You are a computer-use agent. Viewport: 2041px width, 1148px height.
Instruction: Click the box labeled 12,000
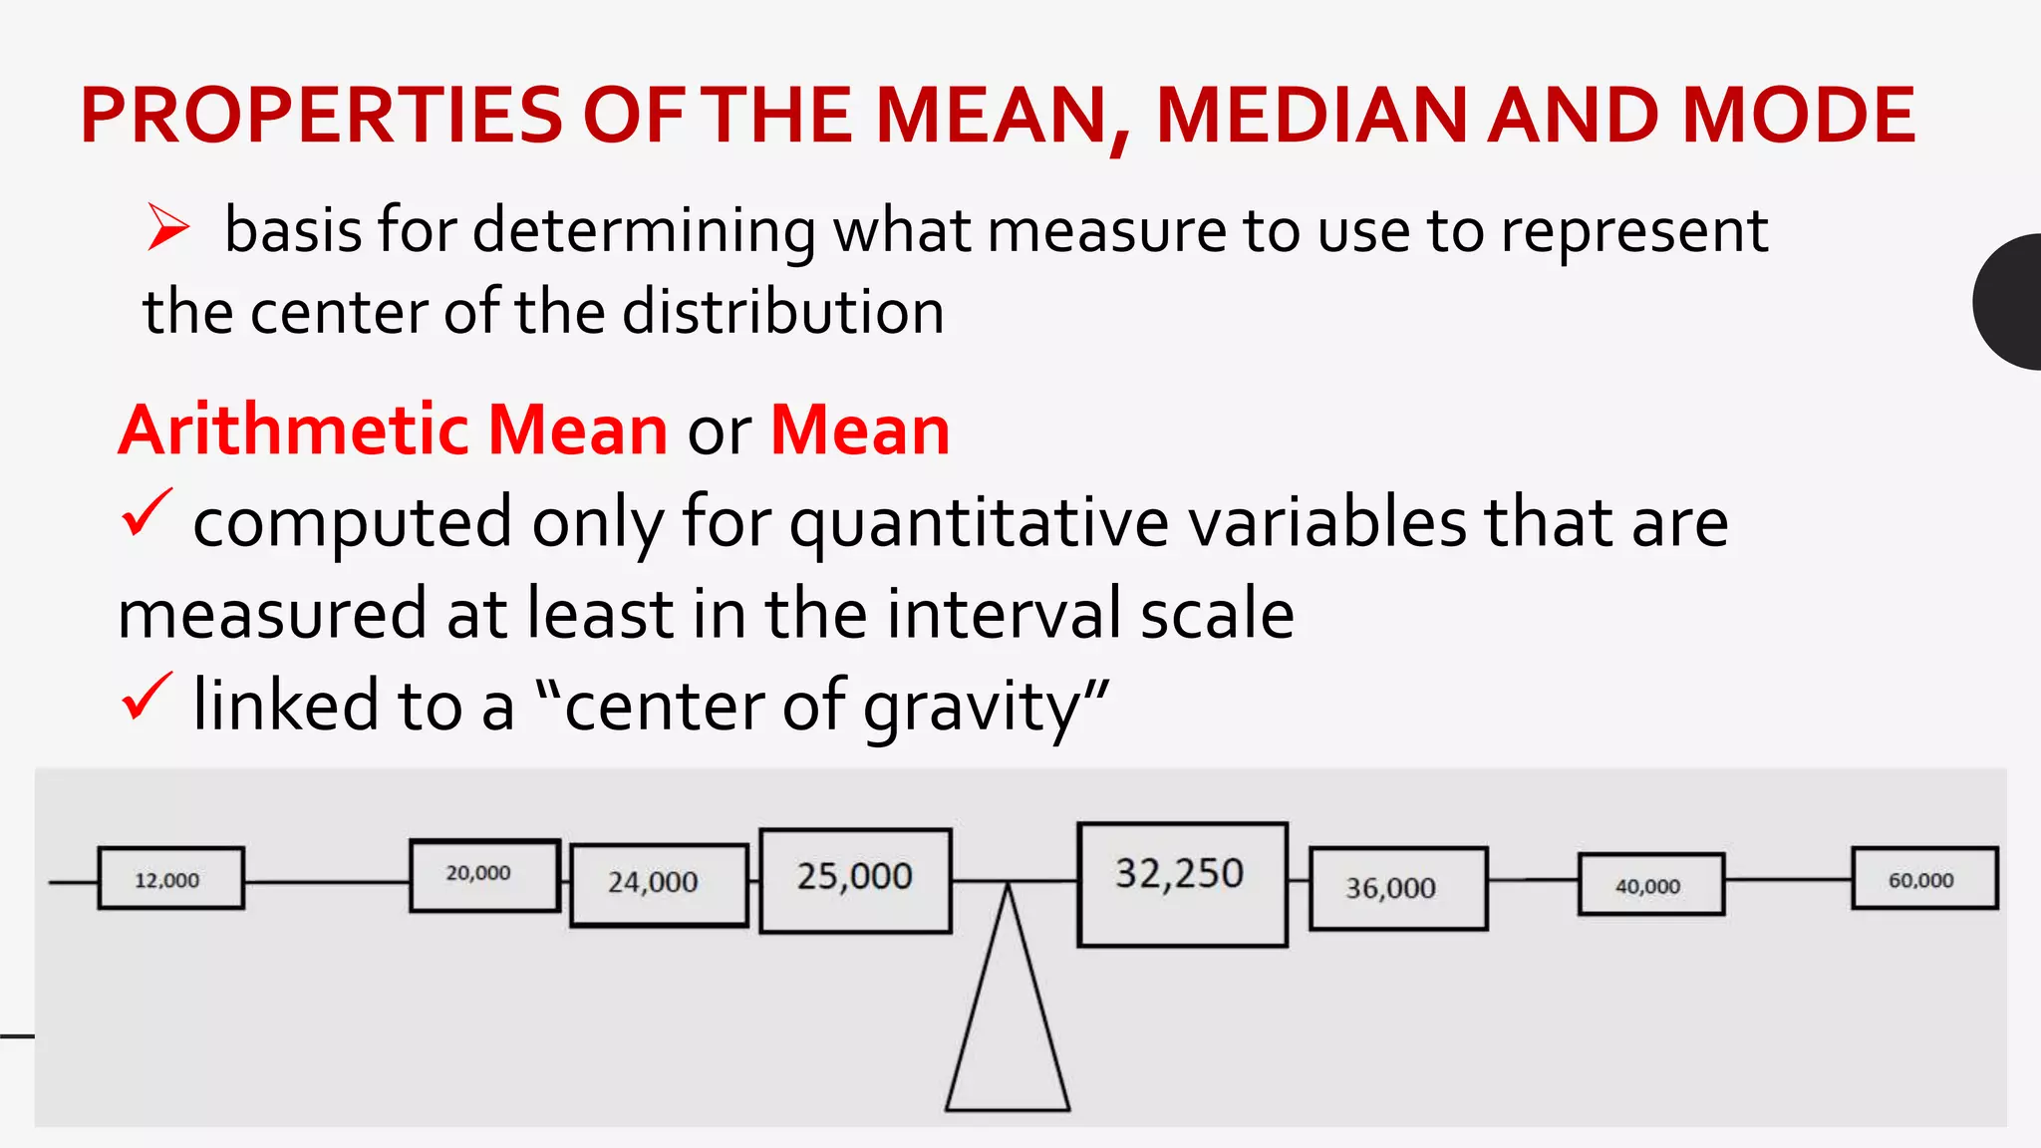[x=170, y=878]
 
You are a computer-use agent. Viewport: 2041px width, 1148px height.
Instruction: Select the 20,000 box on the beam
[x=484, y=875]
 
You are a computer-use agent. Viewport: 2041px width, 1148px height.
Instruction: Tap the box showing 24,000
[x=659, y=885]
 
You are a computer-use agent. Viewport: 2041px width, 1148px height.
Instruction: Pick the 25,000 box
[x=855, y=880]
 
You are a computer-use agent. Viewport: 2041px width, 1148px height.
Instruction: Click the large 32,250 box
[x=1182, y=884]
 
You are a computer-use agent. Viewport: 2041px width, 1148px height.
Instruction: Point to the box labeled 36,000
[x=1397, y=888]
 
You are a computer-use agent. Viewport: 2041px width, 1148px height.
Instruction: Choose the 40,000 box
[x=1650, y=884]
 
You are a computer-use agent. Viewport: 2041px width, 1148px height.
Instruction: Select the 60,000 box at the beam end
[x=1923, y=878]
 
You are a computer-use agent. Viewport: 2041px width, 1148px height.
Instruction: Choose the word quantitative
[x=980, y=523]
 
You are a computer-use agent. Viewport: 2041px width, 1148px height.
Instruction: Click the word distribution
[x=783, y=312]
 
